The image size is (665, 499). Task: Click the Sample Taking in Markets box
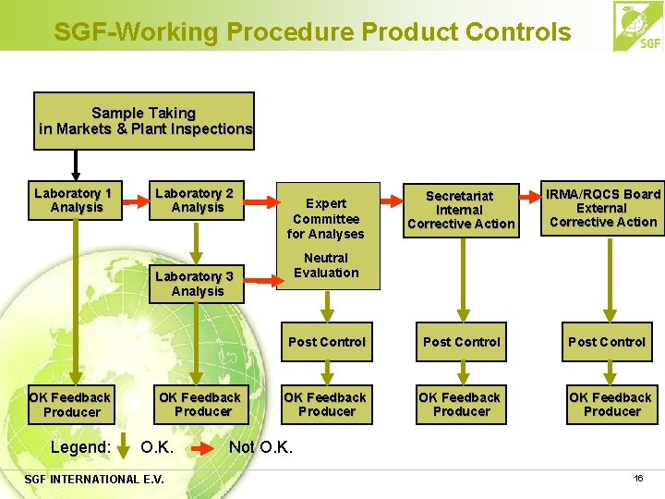click(144, 121)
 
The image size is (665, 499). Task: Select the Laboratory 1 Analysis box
click(73, 201)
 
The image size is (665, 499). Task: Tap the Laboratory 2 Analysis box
click(195, 201)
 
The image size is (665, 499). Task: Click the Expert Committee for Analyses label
click(326, 218)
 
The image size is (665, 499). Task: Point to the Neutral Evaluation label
click(326, 265)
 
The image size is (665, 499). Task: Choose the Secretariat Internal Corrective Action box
click(461, 210)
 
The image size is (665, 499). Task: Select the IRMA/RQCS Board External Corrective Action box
click(603, 208)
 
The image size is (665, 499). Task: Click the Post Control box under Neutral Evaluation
click(327, 342)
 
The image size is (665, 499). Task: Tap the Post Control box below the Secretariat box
click(461, 342)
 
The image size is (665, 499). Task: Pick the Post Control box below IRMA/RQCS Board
click(607, 342)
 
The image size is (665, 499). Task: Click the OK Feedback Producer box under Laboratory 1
click(70, 405)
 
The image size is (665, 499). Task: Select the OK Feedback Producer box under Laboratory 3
click(200, 405)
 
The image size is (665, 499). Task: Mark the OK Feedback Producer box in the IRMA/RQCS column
click(611, 405)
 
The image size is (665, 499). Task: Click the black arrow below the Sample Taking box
click(77, 164)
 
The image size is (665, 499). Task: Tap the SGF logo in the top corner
click(637, 27)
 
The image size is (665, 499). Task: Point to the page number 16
click(638, 478)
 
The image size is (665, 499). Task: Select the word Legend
click(80, 448)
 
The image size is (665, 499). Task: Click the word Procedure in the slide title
click(290, 32)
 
